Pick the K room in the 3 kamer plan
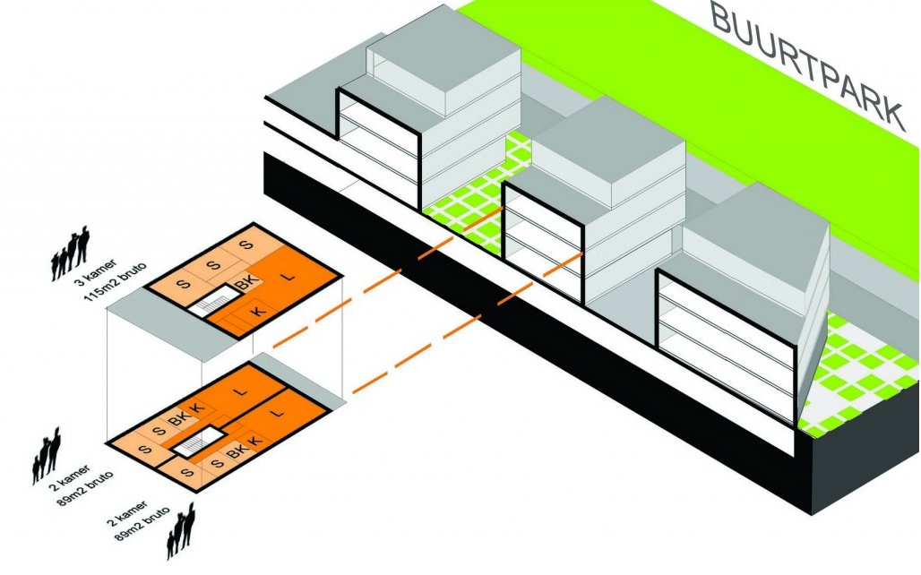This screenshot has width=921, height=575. coord(258,310)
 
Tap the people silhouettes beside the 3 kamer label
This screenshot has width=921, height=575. coord(71,253)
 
